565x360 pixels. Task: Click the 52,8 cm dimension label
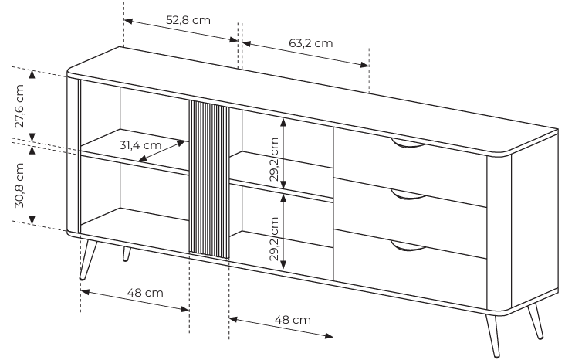188,20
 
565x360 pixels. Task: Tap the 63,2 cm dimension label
310,43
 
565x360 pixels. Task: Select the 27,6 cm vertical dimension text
19,106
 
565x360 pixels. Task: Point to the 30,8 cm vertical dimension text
19,185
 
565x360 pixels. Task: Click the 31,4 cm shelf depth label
140,145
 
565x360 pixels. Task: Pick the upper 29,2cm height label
274,159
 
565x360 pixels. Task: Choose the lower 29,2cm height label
274,239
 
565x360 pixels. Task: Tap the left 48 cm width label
145,293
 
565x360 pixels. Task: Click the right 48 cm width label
293,320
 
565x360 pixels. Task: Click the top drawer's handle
408,144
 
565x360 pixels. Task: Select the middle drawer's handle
408,196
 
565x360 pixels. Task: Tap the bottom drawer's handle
408,247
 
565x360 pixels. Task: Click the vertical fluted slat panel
209,179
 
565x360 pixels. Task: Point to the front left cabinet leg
88,260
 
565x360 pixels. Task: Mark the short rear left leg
127,254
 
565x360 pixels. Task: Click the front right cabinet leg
492,335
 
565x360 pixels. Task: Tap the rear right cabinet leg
536,321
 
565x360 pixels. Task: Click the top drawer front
411,167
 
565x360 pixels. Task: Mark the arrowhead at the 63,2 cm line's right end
364,65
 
